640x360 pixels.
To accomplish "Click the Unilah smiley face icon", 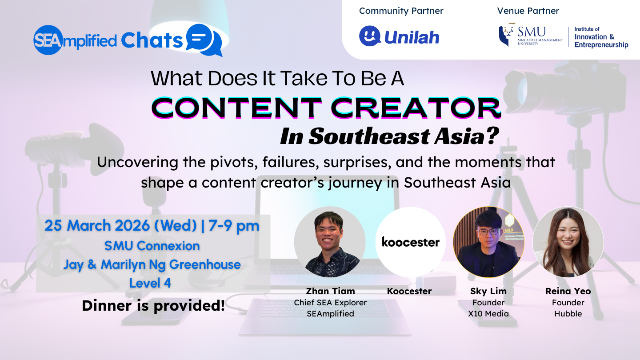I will (x=370, y=36).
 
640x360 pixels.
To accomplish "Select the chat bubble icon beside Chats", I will (x=204, y=40).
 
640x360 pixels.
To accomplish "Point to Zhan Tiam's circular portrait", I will (x=330, y=242).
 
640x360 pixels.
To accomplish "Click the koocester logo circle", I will (x=411, y=242).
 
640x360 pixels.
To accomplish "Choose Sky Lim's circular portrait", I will (x=488, y=242).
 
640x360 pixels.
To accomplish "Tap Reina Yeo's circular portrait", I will (x=568, y=242).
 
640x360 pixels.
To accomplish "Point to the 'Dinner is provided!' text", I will (x=153, y=306).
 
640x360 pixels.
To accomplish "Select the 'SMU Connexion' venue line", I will (x=152, y=245).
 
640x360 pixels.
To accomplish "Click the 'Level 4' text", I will (x=150, y=283).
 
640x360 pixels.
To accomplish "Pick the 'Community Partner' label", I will (x=401, y=11).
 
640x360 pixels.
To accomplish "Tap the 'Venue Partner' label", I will (x=528, y=11).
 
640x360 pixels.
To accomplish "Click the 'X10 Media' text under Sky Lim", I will (x=488, y=314).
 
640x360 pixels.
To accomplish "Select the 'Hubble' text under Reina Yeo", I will (x=568, y=314).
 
